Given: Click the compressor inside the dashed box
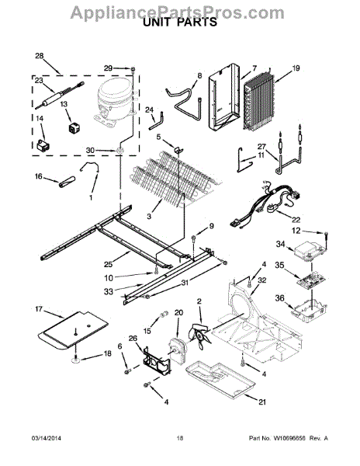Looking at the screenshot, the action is pyautogui.click(x=115, y=102).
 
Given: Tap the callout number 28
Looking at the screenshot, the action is pyautogui.click(x=39, y=56).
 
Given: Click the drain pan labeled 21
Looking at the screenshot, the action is pyautogui.click(x=220, y=380).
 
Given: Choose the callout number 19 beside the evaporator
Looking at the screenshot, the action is pyautogui.click(x=296, y=68).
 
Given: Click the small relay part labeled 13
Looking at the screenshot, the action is pyautogui.click(x=74, y=128).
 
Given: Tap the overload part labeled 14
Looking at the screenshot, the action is pyautogui.click(x=43, y=146).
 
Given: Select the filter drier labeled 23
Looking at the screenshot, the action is pyautogui.click(x=60, y=95).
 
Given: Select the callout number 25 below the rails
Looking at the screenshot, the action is pyautogui.click(x=109, y=264).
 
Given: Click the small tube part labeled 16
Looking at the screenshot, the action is pyautogui.click(x=67, y=182).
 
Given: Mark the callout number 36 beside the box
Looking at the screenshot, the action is pyautogui.click(x=279, y=298).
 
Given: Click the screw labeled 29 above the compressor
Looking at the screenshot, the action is pyautogui.click(x=133, y=70).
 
